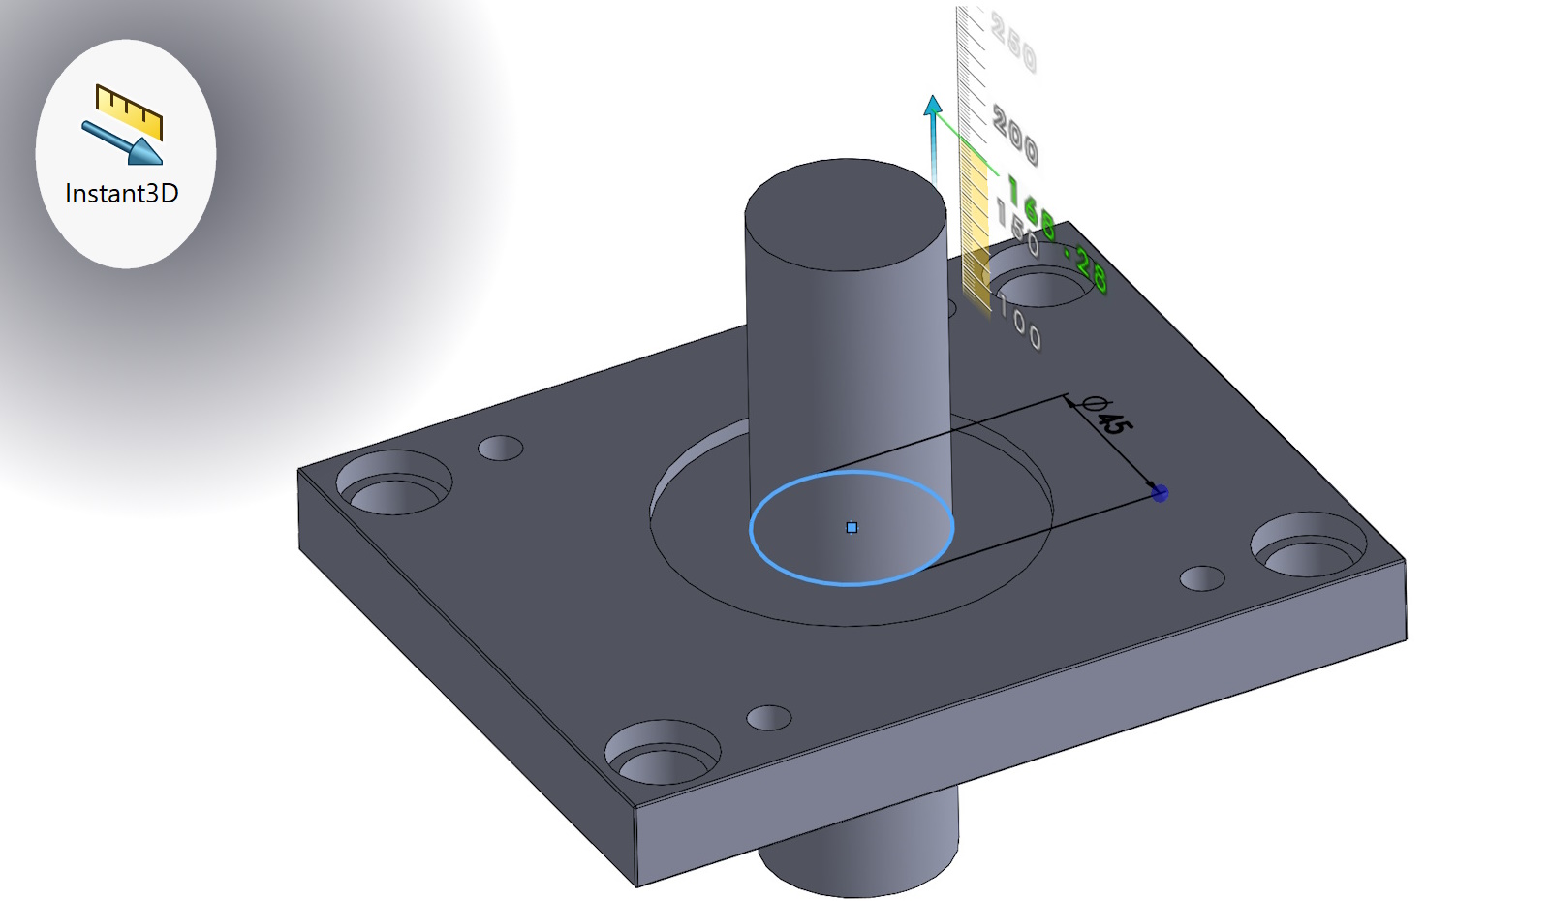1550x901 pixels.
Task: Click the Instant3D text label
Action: click(122, 194)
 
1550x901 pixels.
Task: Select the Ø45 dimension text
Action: click(1106, 416)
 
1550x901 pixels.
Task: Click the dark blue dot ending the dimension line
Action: click(1160, 494)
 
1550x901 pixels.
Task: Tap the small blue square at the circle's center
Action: click(852, 528)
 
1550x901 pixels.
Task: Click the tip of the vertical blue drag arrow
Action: click(933, 103)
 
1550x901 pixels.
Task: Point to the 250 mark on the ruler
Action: click(1013, 44)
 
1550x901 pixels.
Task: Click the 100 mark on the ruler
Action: click(1020, 324)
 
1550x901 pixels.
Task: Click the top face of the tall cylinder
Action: click(846, 214)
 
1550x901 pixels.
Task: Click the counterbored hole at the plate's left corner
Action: click(394, 483)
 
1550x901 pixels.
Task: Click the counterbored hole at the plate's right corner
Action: click(1309, 546)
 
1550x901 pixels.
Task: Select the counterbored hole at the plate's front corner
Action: click(663, 753)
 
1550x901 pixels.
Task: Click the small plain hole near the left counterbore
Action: click(501, 449)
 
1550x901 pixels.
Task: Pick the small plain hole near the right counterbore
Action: click(1202, 578)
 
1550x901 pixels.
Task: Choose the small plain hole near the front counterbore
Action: click(769, 718)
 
